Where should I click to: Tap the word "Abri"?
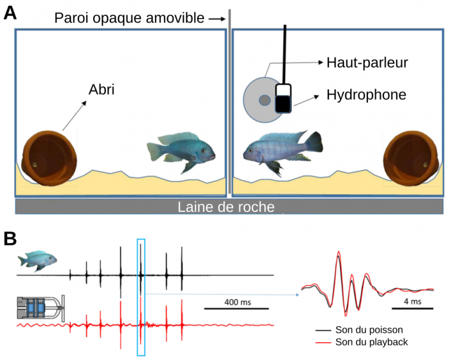pos(101,90)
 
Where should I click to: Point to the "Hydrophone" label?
pos(366,94)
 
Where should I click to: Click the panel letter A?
pos(10,13)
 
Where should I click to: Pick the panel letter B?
pos(10,239)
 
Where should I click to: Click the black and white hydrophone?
pos(284,99)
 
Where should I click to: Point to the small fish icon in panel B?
pos(38,260)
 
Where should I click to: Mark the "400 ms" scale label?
pos(237,302)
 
